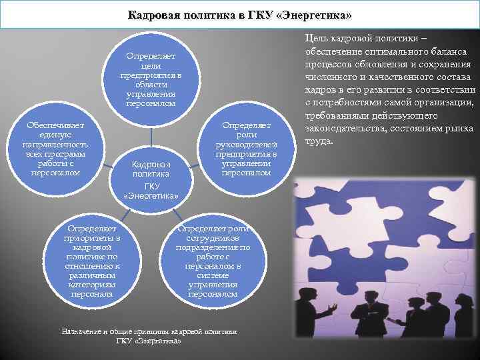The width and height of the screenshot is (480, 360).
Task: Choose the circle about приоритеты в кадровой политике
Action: (x=91, y=256)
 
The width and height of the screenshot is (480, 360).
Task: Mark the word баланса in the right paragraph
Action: (x=450, y=51)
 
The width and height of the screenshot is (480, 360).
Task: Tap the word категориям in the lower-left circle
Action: (x=91, y=284)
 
